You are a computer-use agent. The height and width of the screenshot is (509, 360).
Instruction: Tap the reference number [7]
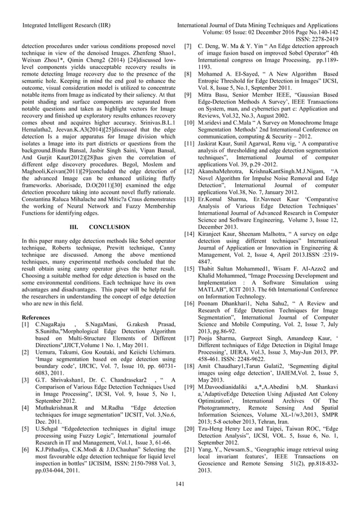[x=189, y=45]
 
